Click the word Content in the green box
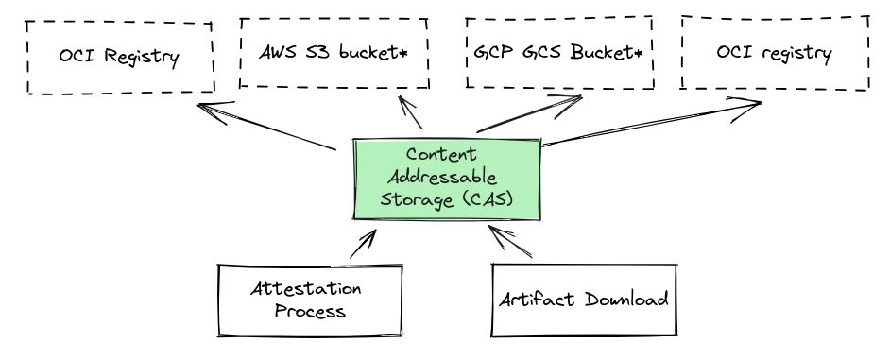(435, 153)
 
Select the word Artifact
(535, 300)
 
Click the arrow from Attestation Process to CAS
(362, 244)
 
